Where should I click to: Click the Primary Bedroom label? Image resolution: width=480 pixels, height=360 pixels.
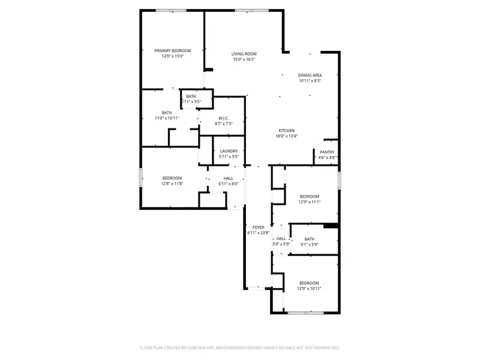click(x=172, y=50)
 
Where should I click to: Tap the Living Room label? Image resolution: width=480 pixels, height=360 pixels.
click(x=244, y=54)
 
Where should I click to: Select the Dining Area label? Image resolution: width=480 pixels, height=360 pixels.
click(x=310, y=75)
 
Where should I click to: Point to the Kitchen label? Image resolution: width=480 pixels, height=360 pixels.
click(x=286, y=130)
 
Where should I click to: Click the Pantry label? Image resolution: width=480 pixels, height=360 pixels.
click(x=327, y=152)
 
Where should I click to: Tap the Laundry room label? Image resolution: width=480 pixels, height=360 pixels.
click(x=229, y=151)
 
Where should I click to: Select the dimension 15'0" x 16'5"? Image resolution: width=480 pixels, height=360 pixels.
click(x=244, y=59)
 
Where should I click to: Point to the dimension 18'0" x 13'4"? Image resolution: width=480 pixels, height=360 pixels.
click(x=286, y=136)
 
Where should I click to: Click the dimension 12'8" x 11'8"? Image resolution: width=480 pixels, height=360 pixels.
click(x=172, y=184)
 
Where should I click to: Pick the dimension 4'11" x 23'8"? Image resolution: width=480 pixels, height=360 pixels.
click(x=259, y=233)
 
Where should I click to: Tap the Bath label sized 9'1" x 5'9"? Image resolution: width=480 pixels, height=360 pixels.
click(x=309, y=239)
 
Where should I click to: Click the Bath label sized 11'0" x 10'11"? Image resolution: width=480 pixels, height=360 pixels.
click(x=167, y=112)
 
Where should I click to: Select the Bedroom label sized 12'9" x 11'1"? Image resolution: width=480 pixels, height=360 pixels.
click(x=309, y=196)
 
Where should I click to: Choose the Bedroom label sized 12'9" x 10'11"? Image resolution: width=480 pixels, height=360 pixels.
click(x=309, y=283)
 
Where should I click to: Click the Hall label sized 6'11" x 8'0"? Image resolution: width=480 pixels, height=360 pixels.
click(x=229, y=178)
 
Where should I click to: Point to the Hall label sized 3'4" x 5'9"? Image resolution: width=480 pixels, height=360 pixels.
click(x=281, y=238)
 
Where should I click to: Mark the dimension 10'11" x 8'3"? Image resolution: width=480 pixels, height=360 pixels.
click(x=310, y=81)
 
